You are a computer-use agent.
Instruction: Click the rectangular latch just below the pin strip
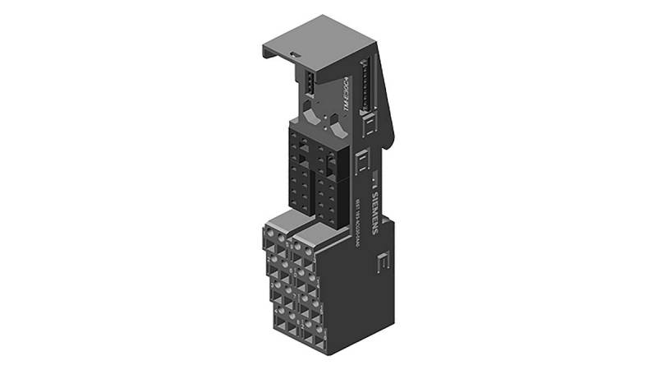(x=369, y=124)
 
